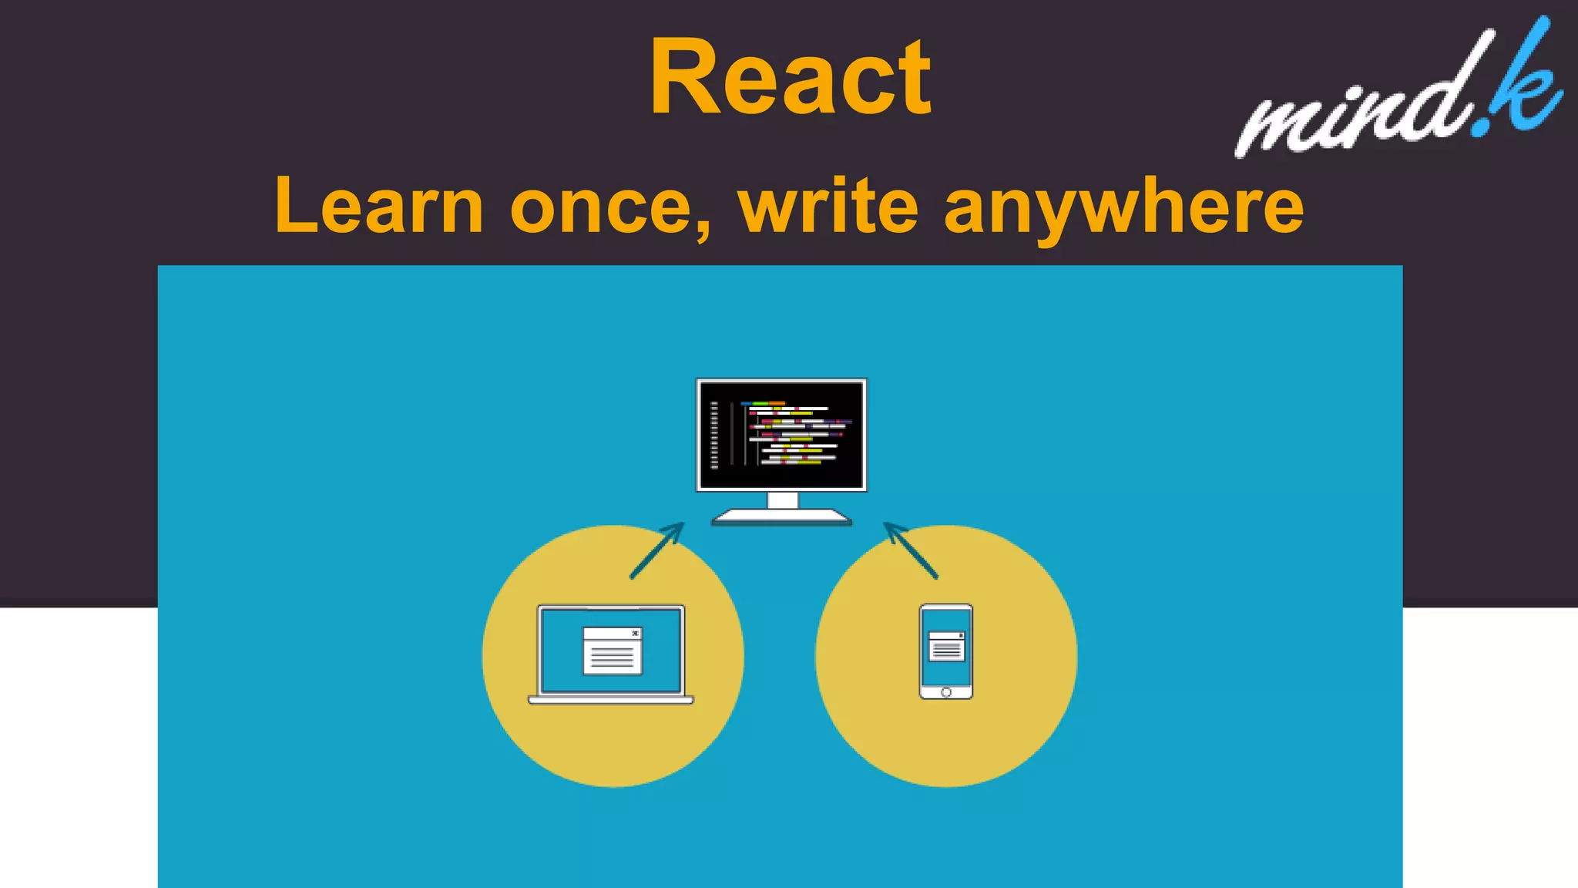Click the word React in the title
tap(791, 78)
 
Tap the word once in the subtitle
tap(601, 207)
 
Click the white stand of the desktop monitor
tap(782, 508)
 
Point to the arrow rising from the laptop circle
tap(657, 550)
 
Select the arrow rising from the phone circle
tap(911, 550)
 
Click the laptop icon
tap(611, 654)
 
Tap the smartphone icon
tap(946, 651)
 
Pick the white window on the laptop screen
tap(612, 651)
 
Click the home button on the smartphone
tap(946, 692)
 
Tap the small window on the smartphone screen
tap(946, 646)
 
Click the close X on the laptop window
tap(635, 634)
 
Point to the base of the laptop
tap(611, 700)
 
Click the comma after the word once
tap(703, 230)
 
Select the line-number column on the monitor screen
tap(714, 435)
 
